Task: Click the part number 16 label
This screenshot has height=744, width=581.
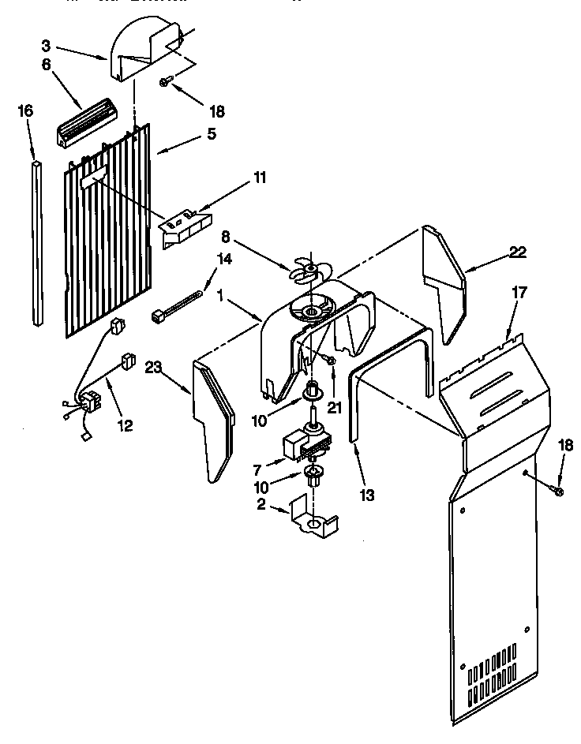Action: tap(25, 110)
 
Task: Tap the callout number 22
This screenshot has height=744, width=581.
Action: tap(517, 252)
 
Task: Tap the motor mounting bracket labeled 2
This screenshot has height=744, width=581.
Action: tap(313, 518)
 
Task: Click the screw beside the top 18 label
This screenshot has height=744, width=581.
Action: tap(167, 81)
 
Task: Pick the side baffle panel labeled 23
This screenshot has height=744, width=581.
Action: tap(214, 418)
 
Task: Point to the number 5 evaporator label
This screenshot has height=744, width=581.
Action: tap(210, 134)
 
